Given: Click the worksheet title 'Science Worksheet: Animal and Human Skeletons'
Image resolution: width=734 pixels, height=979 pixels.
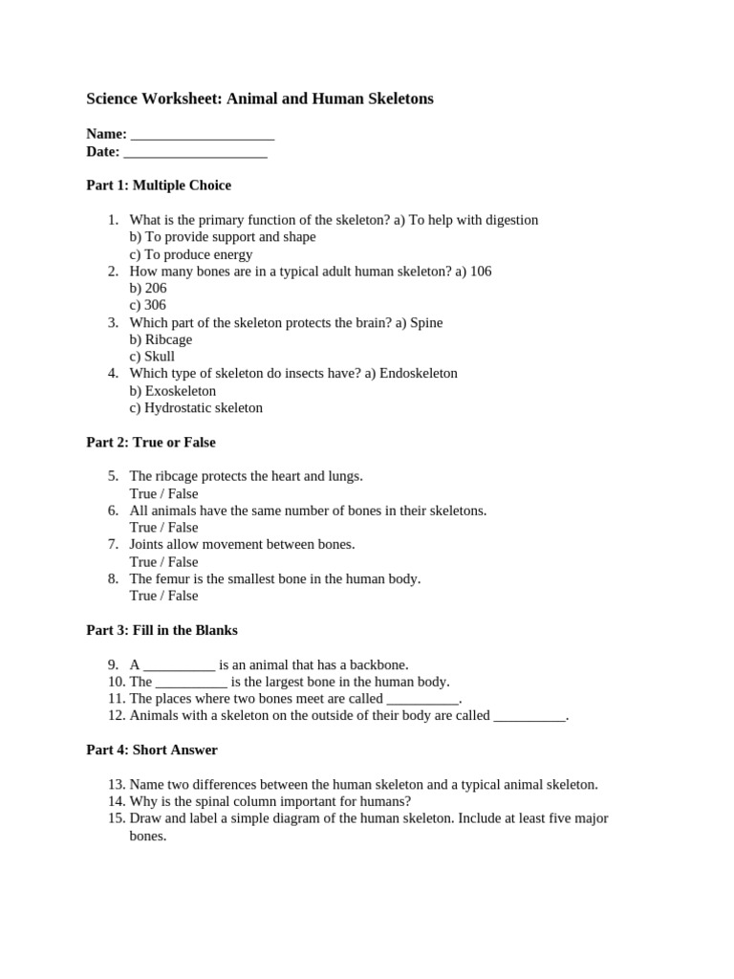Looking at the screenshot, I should tap(260, 98).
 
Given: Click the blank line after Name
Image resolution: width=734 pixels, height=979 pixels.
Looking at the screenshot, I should tap(203, 135).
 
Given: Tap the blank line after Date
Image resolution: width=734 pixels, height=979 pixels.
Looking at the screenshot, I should tap(195, 152).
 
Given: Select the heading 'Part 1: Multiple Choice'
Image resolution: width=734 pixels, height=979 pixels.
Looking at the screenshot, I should tap(159, 185).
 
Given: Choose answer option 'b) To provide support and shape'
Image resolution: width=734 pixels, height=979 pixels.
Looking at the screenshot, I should tap(223, 237).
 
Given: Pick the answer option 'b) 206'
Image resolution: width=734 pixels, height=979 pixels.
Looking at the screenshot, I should tap(148, 288).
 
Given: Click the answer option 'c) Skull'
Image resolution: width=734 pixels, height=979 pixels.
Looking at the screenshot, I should tap(152, 357).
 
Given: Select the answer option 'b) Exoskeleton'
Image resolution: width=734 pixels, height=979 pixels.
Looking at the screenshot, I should tap(173, 391).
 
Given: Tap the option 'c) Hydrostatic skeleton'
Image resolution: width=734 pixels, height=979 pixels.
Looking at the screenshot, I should tap(196, 408).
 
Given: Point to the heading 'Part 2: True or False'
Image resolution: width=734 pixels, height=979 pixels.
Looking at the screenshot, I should tap(151, 443).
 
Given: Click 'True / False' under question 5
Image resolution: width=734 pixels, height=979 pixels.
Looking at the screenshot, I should tap(164, 494).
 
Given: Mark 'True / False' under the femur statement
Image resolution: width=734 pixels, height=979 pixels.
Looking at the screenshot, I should tap(164, 596).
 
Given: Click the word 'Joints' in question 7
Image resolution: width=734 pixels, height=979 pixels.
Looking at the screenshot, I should tap(149, 544).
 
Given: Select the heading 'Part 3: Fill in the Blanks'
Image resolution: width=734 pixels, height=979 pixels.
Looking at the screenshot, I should tap(162, 631).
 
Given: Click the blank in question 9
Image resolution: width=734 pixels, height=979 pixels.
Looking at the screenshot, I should tap(180, 665).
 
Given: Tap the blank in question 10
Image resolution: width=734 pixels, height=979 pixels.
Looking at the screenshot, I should tap(191, 683).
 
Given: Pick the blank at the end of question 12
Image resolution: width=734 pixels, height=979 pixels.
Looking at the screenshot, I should tap(529, 716).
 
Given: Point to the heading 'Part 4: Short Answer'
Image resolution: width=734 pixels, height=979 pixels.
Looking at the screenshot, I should tap(152, 751).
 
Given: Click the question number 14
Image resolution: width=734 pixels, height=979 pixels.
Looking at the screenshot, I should tap(117, 802).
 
